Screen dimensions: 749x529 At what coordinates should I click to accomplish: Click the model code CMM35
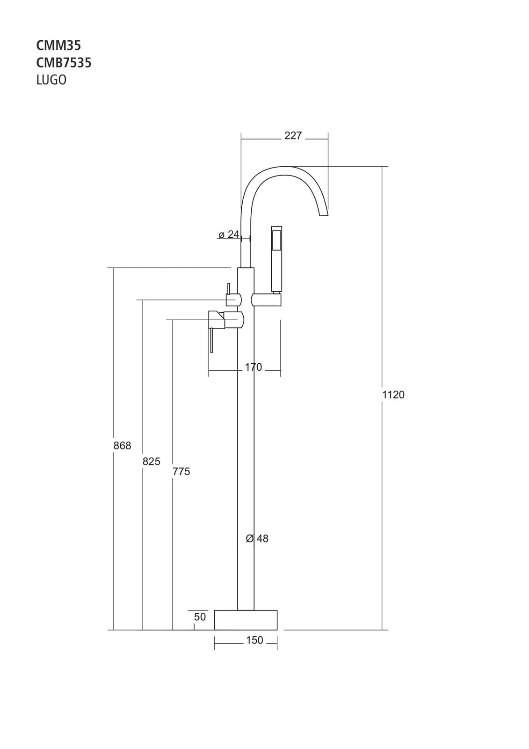pyautogui.click(x=58, y=45)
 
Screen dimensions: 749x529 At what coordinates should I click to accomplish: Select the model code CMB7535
pyautogui.click(x=64, y=62)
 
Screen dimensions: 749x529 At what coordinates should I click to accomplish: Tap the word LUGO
pyautogui.click(x=51, y=80)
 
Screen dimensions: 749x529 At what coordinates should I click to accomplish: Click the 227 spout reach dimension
pyautogui.click(x=293, y=136)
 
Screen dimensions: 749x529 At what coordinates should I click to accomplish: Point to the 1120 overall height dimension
pyautogui.click(x=393, y=395)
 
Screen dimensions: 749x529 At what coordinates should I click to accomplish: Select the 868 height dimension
pyautogui.click(x=122, y=446)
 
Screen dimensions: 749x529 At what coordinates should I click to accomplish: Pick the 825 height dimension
pyautogui.click(x=151, y=462)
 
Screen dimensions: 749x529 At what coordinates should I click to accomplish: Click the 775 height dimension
pyautogui.click(x=181, y=471)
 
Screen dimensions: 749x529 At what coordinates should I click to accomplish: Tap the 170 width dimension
pyautogui.click(x=254, y=367)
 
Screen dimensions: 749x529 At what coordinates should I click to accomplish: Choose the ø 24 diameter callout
pyautogui.click(x=229, y=234)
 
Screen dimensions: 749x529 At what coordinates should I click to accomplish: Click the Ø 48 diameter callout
pyautogui.click(x=257, y=539)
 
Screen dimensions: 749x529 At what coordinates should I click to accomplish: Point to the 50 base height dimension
pyautogui.click(x=200, y=617)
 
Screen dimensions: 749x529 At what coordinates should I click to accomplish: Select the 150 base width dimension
pyautogui.click(x=254, y=640)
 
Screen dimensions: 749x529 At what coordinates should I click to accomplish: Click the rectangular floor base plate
pyautogui.click(x=246, y=620)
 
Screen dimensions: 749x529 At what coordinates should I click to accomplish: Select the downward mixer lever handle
pyautogui.click(x=212, y=339)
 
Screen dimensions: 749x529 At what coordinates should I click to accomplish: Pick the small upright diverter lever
pyautogui.click(x=229, y=288)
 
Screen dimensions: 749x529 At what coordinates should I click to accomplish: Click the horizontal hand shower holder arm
pyautogui.click(x=266, y=300)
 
